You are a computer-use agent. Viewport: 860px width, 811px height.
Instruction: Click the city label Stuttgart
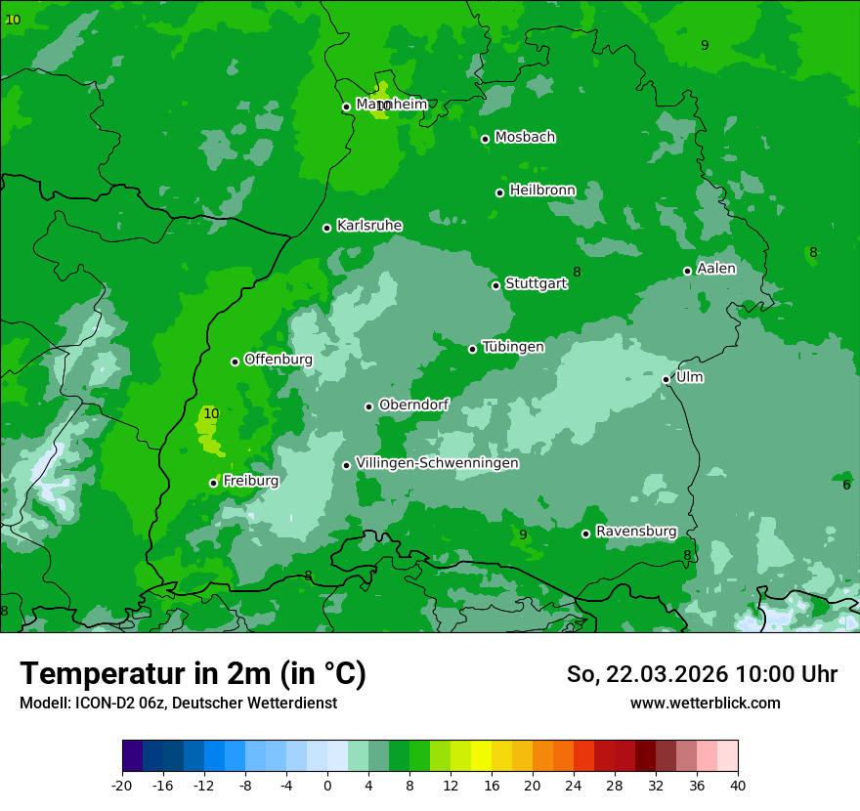click(536, 284)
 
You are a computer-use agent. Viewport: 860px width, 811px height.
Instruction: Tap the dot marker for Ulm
click(666, 379)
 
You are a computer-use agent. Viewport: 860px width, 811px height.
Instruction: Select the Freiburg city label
click(250, 481)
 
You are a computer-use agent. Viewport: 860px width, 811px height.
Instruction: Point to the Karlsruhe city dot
click(327, 228)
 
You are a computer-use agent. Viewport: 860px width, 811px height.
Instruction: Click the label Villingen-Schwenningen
click(437, 463)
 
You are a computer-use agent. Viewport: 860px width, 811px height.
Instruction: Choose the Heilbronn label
click(541, 191)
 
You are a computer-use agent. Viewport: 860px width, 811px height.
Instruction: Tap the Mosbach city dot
click(485, 139)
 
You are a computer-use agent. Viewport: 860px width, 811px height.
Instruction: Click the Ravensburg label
click(635, 532)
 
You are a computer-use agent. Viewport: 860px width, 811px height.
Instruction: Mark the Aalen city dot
click(687, 271)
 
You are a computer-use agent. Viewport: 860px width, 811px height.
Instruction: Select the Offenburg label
click(278, 360)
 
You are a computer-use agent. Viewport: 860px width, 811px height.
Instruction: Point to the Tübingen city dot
click(473, 349)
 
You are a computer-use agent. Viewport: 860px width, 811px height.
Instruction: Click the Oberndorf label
click(413, 405)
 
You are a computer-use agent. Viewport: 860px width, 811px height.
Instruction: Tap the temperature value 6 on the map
click(846, 486)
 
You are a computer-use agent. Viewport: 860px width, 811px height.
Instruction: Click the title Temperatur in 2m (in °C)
click(193, 674)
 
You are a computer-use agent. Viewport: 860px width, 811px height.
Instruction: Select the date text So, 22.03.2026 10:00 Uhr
click(702, 674)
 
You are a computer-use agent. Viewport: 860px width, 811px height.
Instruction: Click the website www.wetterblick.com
click(705, 704)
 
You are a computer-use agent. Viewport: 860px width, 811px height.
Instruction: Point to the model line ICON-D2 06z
click(178, 704)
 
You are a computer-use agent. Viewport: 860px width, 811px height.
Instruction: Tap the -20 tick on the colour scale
click(122, 785)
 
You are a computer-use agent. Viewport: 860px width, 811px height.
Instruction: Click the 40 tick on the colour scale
click(738, 785)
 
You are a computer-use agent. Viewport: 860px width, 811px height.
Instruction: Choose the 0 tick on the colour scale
click(327, 785)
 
